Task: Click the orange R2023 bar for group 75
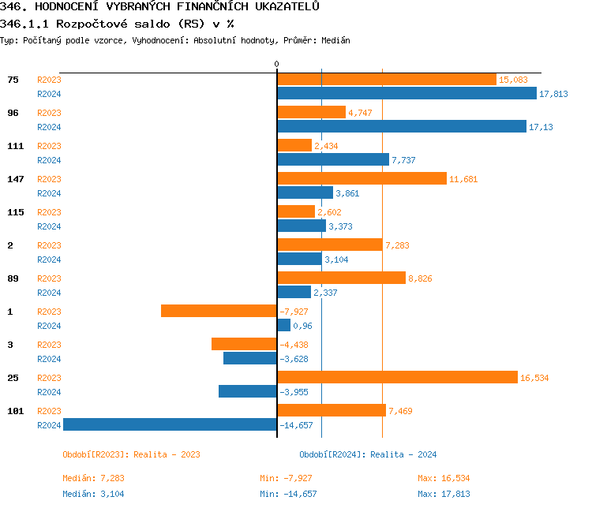point(387,80)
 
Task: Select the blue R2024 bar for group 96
point(402,126)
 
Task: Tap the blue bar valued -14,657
point(170,424)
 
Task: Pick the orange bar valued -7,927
point(219,311)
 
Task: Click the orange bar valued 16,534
point(398,377)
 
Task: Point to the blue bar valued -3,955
point(248,391)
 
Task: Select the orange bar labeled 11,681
point(362,178)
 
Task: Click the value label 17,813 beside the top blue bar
point(553,94)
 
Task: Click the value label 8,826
point(420,278)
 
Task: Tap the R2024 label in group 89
point(49,293)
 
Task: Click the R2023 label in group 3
point(49,345)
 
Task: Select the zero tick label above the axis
point(277,64)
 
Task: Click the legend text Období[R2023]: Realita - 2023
point(131,454)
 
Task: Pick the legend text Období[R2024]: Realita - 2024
point(368,454)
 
